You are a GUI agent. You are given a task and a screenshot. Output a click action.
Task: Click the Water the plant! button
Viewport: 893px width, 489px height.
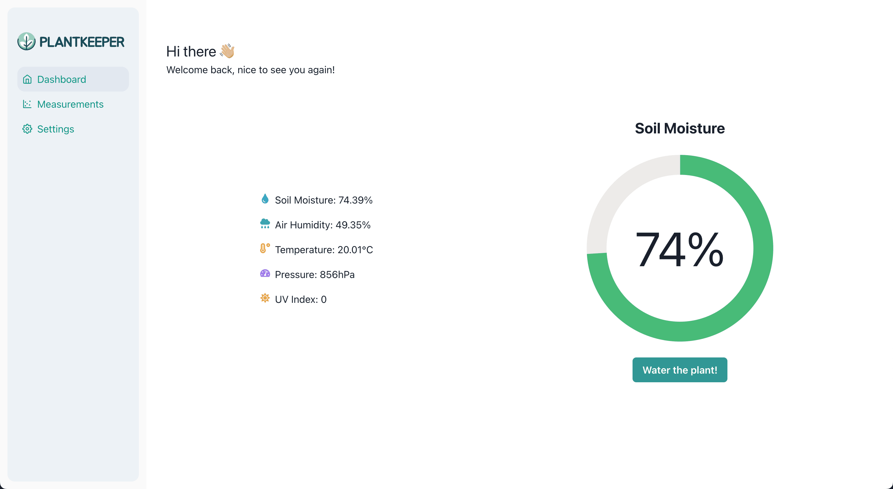click(x=679, y=370)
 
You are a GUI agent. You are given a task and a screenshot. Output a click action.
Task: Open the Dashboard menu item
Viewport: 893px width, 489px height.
click(x=61, y=79)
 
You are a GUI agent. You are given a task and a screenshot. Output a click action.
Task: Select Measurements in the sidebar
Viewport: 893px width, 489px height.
click(x=70, y=104)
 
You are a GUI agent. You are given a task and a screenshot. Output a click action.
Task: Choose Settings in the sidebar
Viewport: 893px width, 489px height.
click(x=56, y=129)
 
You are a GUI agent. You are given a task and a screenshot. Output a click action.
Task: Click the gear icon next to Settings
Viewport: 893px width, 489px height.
click(x=27, y=129)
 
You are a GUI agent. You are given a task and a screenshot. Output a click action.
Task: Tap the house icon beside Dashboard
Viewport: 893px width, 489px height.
click(x=27, y=79)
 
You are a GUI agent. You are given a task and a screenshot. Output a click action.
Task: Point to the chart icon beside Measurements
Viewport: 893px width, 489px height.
click(x=27, y=104)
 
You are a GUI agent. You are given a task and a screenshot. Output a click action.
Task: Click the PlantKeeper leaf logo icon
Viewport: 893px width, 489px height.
click(x=26, y=42)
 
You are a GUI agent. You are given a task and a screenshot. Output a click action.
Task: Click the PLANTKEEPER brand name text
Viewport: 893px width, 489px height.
click(x=82, y=42)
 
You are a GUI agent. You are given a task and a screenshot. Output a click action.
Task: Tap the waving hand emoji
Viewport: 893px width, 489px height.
click(x=227, y=51)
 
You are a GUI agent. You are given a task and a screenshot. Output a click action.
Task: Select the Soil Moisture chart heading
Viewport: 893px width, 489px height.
click(x=679, y=128)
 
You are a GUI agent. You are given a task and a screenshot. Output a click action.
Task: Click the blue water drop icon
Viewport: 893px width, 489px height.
click(x=265, y=199)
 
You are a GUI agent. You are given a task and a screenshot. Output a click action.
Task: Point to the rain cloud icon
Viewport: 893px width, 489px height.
click(x=265, y=224)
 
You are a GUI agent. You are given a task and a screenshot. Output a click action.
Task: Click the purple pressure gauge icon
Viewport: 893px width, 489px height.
click(x=265, y=273)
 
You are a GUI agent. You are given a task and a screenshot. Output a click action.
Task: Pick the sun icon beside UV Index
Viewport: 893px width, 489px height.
click(x=265, y=298)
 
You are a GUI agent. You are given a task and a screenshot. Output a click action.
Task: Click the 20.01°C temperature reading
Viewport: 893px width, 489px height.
click(x=355, y=250)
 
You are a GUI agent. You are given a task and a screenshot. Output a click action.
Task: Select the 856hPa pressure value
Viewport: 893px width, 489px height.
click(x=337, y=275)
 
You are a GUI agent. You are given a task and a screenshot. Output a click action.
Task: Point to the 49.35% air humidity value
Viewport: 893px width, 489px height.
click(x=353, y=225)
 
